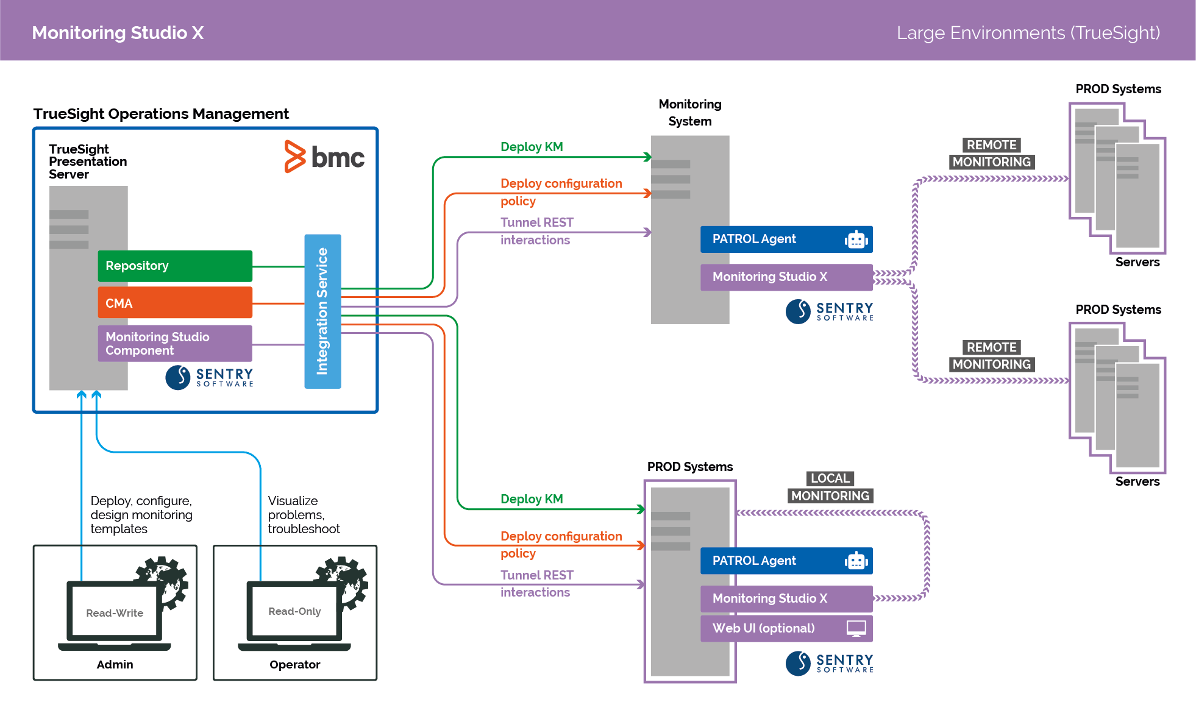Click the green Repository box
point(174,266)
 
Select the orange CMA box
point(174,303)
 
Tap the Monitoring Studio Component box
point(174,343)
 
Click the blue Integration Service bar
point(322,311)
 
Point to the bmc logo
point(324,157)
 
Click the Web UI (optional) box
point(786,628)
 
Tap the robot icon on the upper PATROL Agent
point(856,239)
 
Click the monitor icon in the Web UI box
point(856,628)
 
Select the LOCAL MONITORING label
point(830,487)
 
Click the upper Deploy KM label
point(532,147)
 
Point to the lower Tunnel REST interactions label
point(536,583)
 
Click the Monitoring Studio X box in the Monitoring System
point(786,277)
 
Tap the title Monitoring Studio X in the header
point(118,32)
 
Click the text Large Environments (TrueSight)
point(1028,32)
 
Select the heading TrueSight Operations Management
point(161,114)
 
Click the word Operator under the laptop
point(294,664)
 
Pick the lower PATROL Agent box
point(786,561)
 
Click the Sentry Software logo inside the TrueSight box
point(210,377)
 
